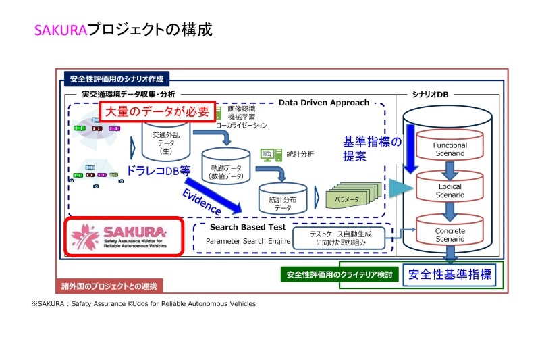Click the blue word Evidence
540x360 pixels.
coord(201,201)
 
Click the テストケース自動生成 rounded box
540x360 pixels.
coord(341,237)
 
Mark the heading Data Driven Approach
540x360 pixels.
coord(324,103)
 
